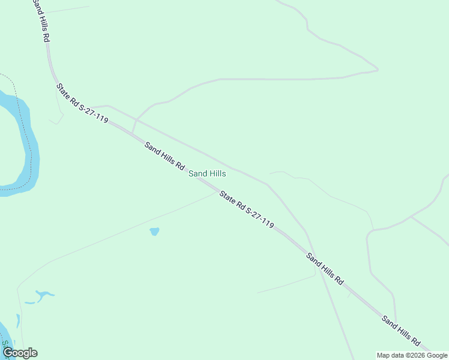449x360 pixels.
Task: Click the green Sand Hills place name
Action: tap(207, 173)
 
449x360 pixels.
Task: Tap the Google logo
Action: tap(20, 353)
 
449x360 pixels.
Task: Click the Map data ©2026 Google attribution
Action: tap(412, 355)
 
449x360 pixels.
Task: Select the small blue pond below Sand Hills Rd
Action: tap(154, 231)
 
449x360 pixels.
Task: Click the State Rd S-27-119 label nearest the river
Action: tap(82, 103)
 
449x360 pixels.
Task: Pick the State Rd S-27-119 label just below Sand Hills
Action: tap(247, 209)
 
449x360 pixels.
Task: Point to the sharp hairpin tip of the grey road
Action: tap(376, 70)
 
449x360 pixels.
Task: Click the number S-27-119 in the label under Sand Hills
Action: tap(258, 217)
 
